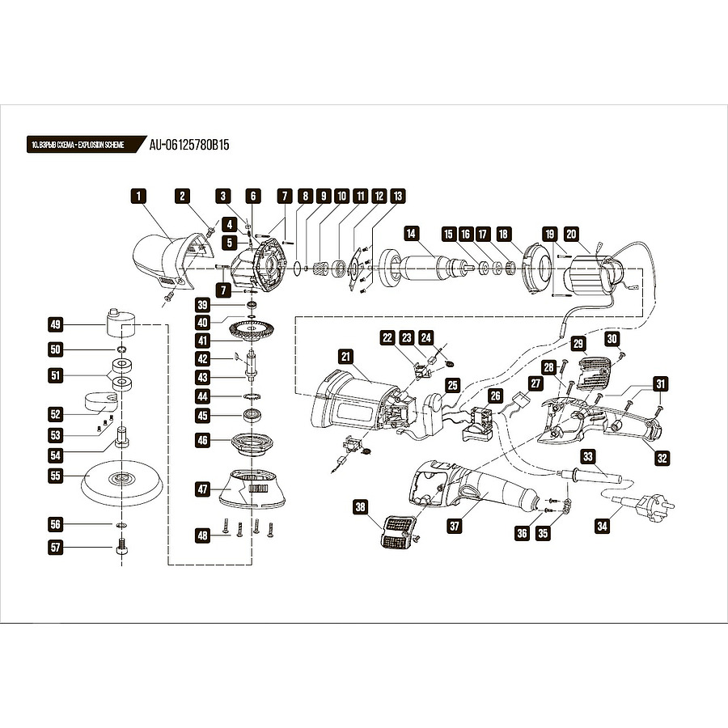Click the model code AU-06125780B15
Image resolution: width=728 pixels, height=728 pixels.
[x=189, y=145]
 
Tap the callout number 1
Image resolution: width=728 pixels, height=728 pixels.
[x=138, y=196]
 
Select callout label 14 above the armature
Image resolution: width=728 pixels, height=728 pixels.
[x=411, y=233]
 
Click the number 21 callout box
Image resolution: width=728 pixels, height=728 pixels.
[x=346, y=357]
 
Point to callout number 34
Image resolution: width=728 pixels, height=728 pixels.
[x=602, y=526]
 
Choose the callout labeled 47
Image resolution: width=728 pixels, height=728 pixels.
[x=203, y=489]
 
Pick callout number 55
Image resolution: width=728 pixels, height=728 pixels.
[x=55, y=476]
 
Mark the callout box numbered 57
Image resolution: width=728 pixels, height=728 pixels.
[x=55, y=547]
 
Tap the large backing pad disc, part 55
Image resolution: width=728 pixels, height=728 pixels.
[x=122, y=483]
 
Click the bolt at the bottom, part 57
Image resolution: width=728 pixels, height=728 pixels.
[x=121, y=547]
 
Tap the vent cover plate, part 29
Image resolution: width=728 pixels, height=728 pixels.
[x=594, y=373]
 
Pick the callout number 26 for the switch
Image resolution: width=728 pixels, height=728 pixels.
[x=495, y=396]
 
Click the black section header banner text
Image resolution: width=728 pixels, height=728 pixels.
[x=78, y=145]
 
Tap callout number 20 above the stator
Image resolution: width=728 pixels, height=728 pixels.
[x=571, y=234]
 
